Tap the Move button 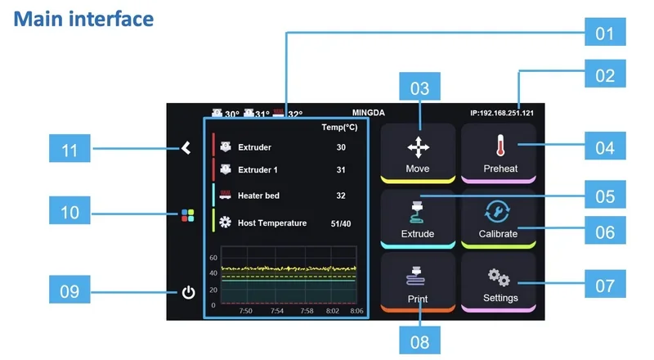point(418,152)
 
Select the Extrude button point(418,218)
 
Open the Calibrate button point(498,218)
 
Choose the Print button point(418,283)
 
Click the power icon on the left point(188,292)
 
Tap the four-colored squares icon point(188,216)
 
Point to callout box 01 point(604,34)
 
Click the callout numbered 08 point(419,341)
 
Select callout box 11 point(70,150)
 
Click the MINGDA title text point(368,113)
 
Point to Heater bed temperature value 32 point(341,196)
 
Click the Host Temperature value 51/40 point(340,223)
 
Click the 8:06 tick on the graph point(356,311)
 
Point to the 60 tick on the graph point(213,257)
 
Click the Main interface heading point(83,17)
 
